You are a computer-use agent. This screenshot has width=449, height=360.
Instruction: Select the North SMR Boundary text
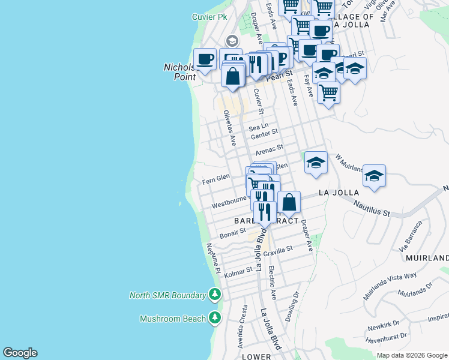167,295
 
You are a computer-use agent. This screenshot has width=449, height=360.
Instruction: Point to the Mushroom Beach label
172,319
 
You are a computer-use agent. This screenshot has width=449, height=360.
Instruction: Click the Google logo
20,353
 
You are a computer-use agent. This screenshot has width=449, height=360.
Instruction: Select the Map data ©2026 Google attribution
411,355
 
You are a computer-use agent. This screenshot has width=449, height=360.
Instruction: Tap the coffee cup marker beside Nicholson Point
205,59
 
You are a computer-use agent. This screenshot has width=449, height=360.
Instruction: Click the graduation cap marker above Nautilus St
374,176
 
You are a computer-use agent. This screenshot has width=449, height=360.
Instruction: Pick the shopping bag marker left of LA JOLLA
289,202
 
